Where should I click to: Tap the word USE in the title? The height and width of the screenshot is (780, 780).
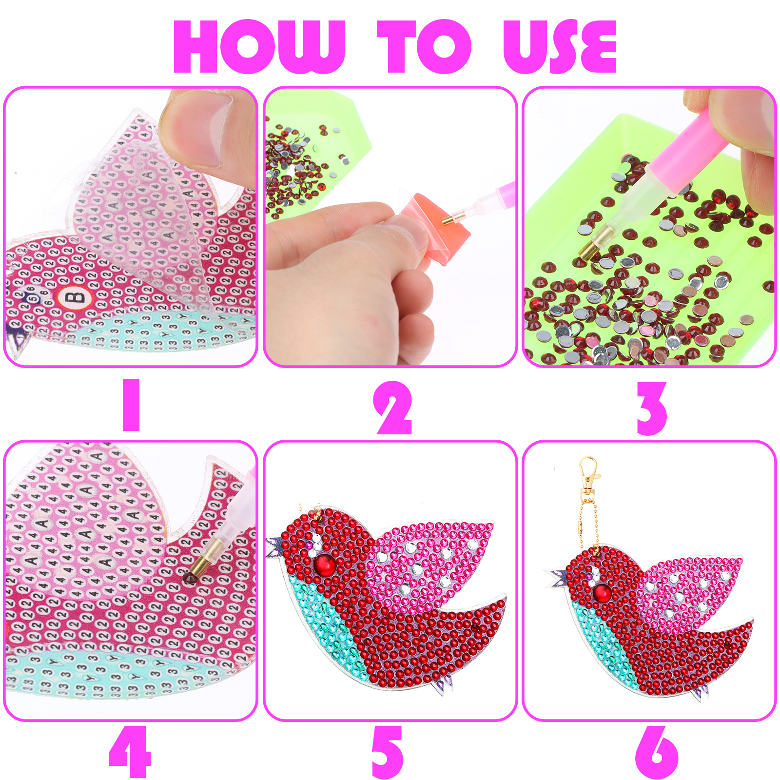[560, 47]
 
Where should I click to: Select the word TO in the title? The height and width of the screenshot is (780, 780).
[424, 47]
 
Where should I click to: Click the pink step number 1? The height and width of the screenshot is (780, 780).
[131, 405]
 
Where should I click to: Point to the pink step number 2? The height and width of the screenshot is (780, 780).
[393, 408]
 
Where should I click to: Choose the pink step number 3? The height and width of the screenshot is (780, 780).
[652, 409]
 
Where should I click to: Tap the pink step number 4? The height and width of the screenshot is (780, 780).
[130, 751]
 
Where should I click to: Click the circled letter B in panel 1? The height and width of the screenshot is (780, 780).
[75, 297]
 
